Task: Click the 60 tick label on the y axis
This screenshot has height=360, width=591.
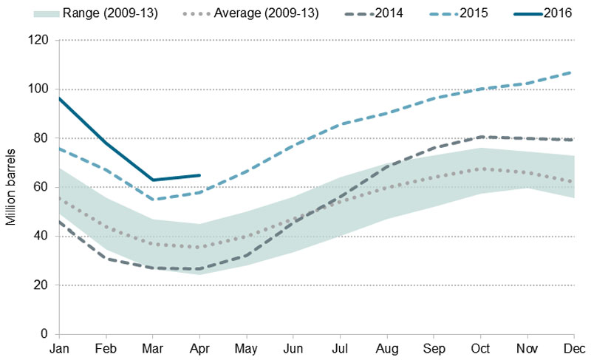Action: (x=40, y=187)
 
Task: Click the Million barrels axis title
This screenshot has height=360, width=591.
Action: (x=11, y=187)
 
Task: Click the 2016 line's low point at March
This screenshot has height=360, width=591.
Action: (x=153, y=180)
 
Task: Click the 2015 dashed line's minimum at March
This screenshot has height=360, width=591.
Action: (x=153, y=200)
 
